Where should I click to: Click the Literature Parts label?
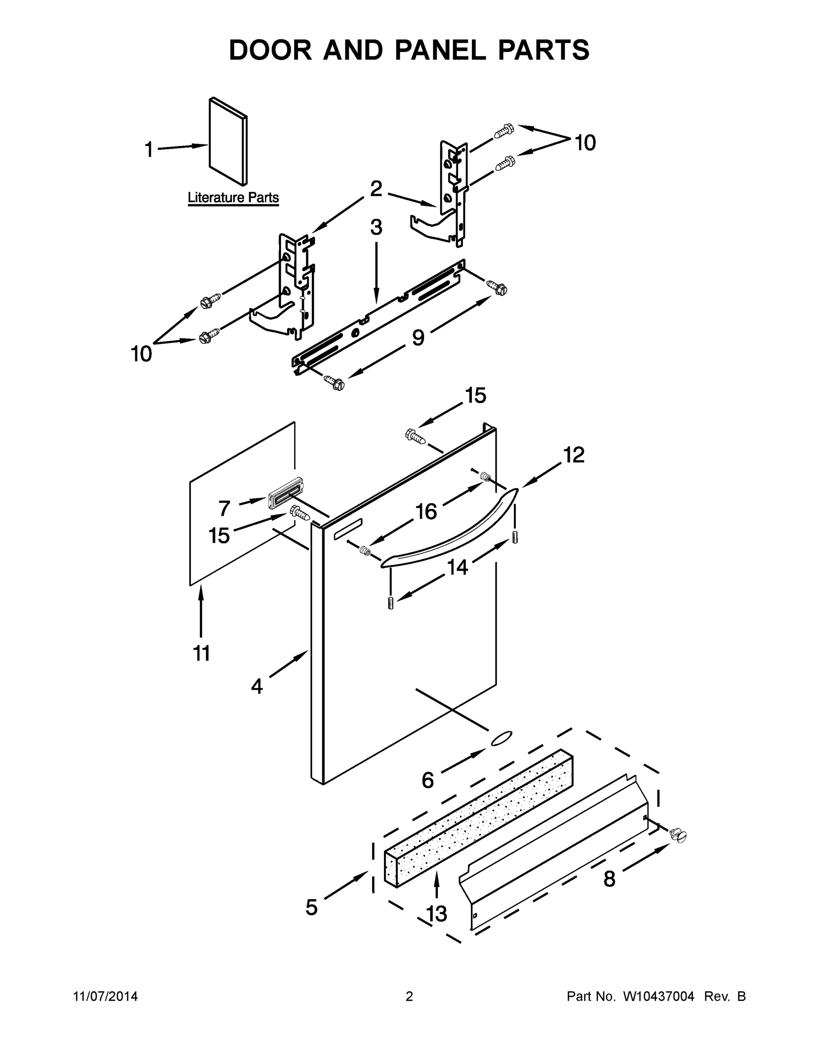233,198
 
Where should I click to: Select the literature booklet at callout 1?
228,142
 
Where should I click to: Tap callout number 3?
376,227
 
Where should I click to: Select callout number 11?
202,653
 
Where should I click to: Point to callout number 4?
257,687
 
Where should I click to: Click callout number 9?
418,338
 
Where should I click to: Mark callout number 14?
457,567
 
